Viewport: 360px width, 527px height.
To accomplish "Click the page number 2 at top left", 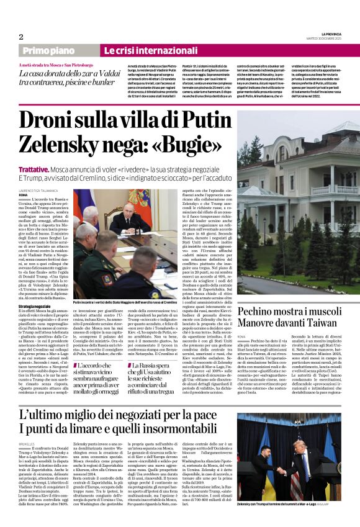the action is click(x=21, y=37).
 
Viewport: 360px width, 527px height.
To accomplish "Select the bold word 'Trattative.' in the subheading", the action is click(x=35, y=168).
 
